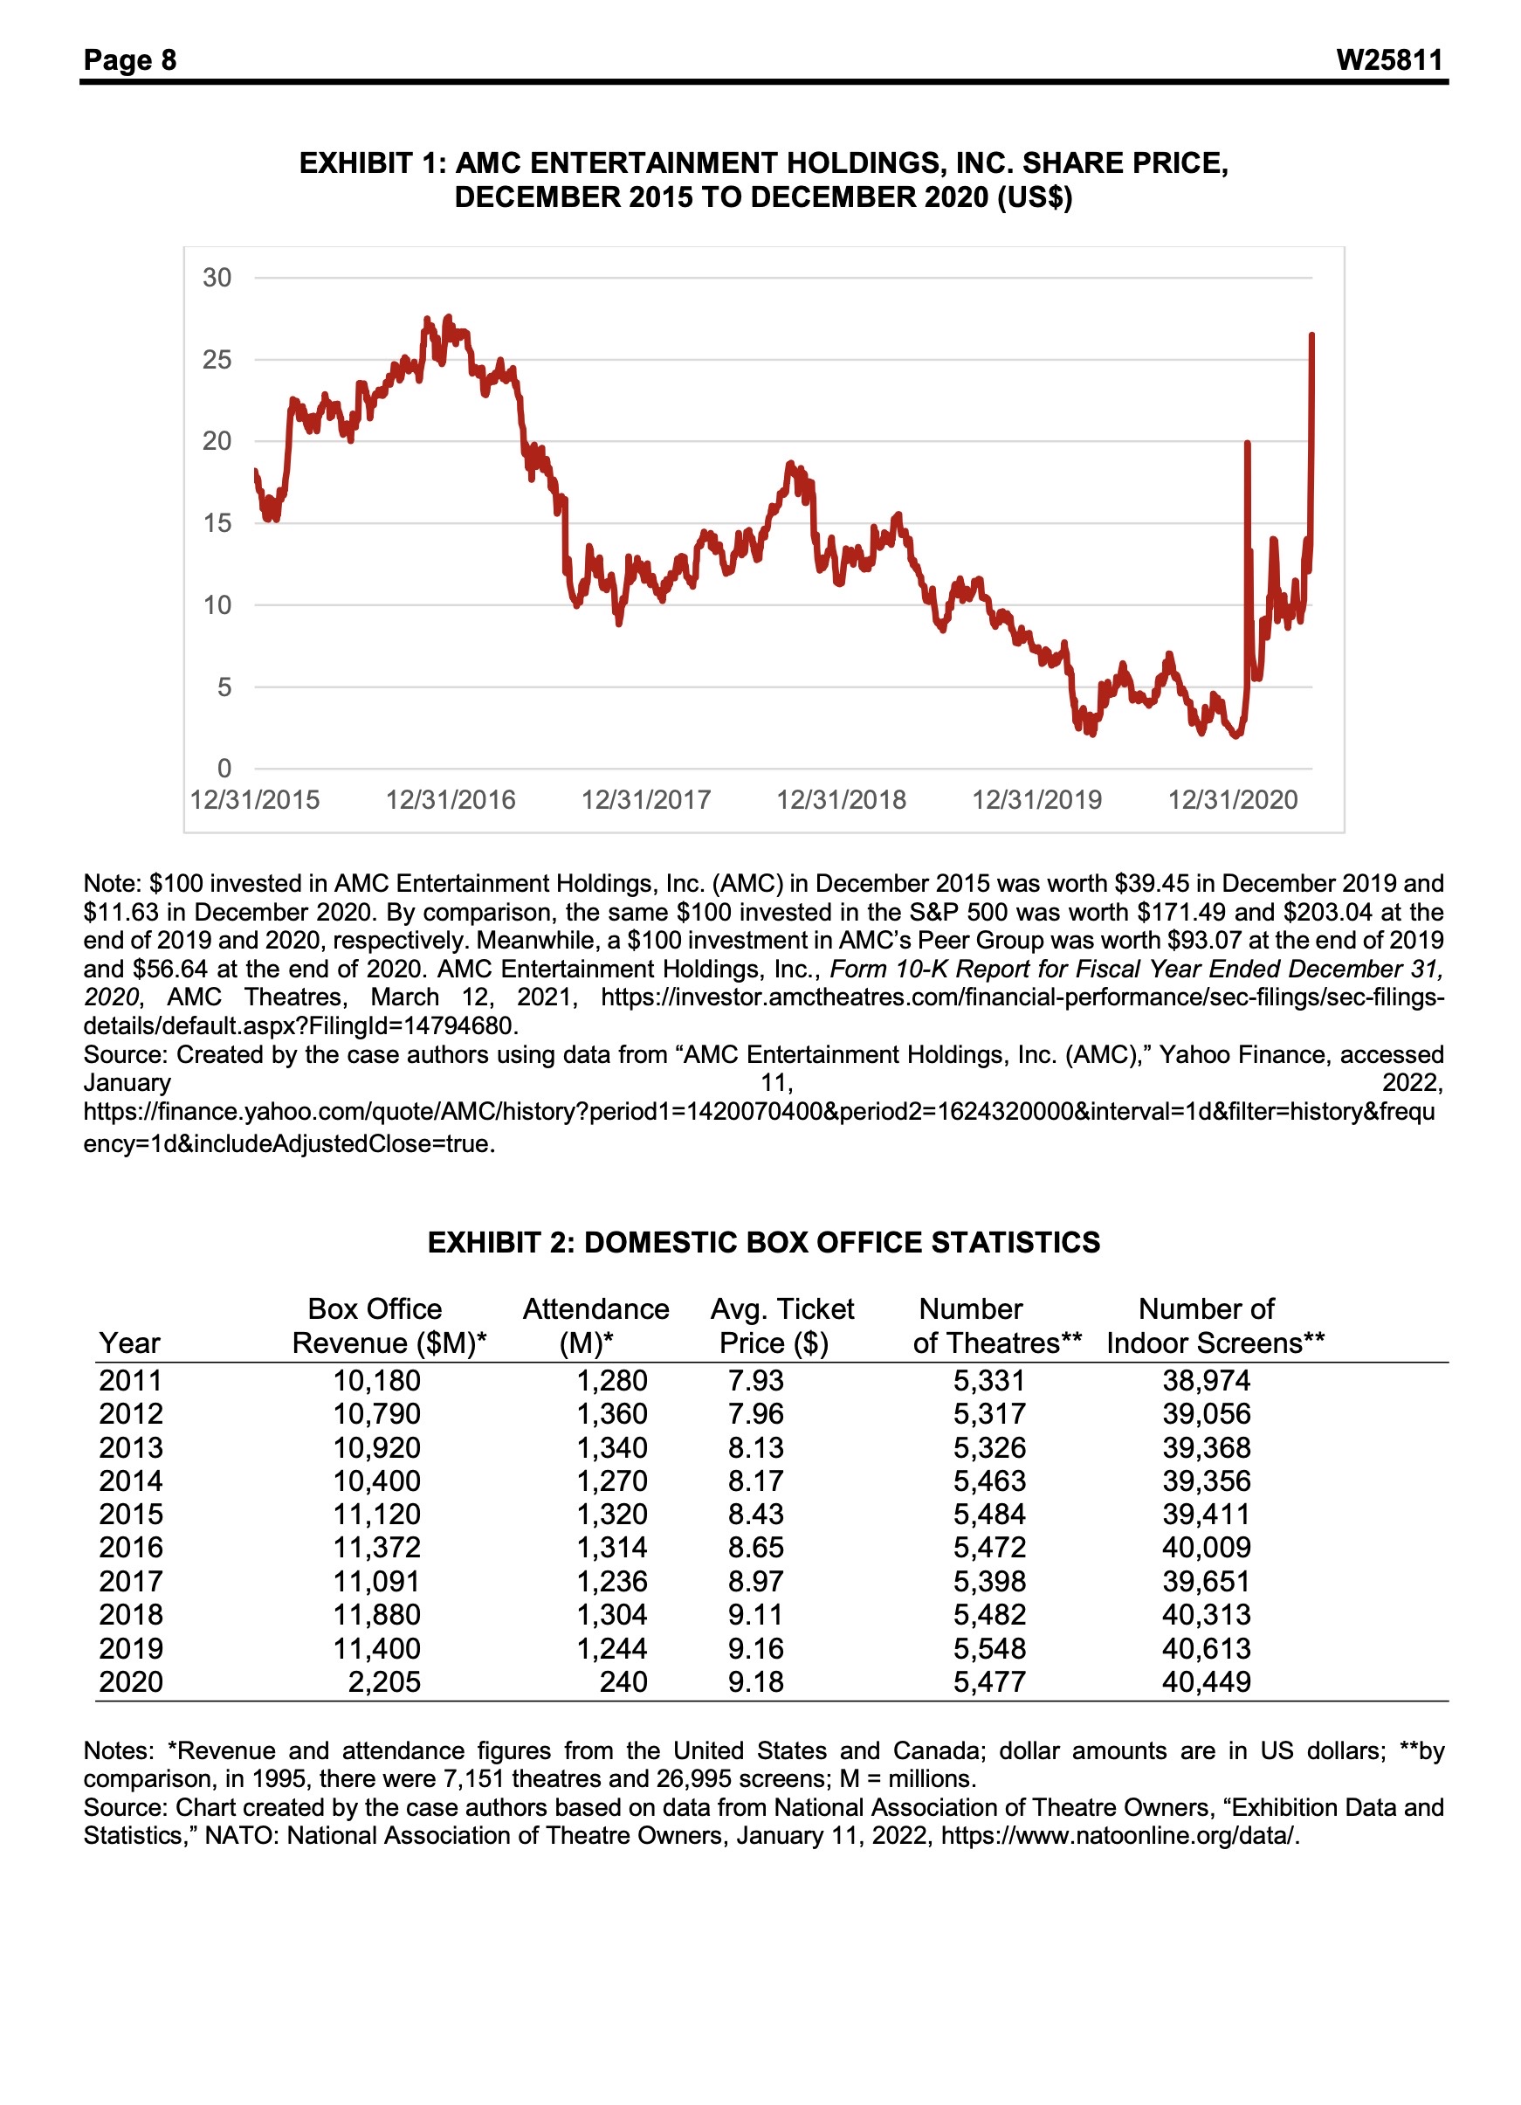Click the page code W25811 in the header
click(x=1388, y=60)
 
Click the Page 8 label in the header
click(x=130, y=60)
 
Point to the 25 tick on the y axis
click(x=217, y=359)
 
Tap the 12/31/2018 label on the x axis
click(x=841, y=800)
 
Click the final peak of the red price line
click(x=1311, y=335)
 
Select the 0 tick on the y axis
click(x=224, y=769)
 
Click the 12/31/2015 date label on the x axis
click(x=254, y=800)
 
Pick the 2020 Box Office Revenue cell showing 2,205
click(x=384, y=1681)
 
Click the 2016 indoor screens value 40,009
click(x=1206, y=1547)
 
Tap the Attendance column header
click(x=595, y=1308)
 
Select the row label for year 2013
click(x=131, y=1447)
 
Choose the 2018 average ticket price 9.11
click(x=755, y=1614)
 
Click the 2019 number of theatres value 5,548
click(x=989, y=1648)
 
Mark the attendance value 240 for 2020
click(x=623, y=1681)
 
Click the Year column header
click(x=129, y=1343)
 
